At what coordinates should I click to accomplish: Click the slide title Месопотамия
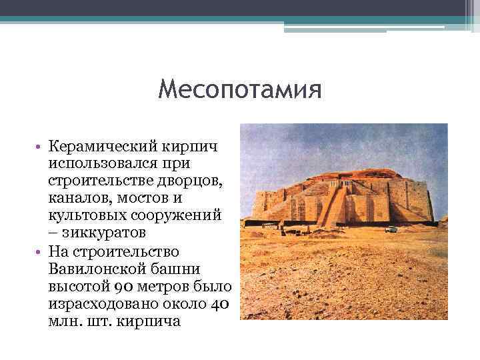pos(240,89)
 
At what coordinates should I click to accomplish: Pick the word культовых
pos(87,216)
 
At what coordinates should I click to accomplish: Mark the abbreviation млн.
pos(63,323)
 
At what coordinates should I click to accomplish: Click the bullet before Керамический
pos(39,145)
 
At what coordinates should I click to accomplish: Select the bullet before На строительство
pos(39,252)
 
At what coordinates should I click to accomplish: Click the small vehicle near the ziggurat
pos(392,229)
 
